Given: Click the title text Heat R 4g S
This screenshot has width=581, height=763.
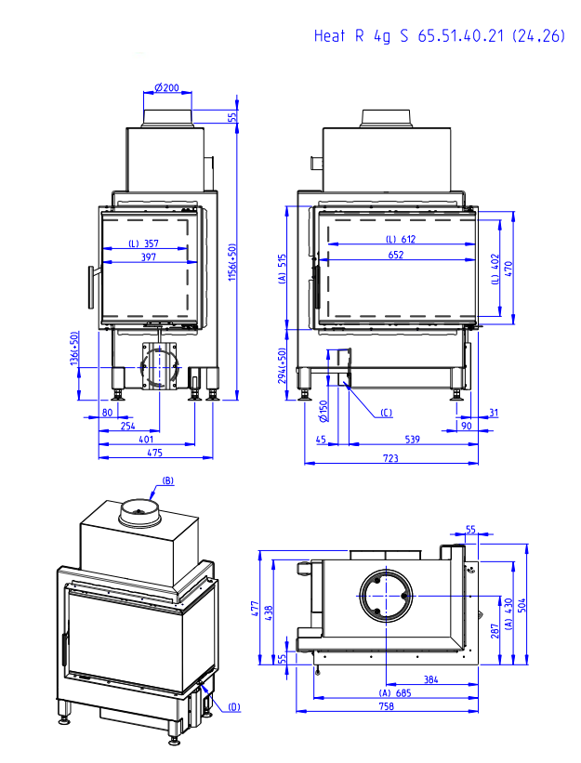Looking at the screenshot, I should [x=361, y=36].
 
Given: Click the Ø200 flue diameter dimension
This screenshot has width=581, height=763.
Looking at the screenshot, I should [x=166, y=87].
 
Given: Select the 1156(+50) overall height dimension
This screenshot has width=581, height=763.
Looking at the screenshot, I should [x=233, y=261].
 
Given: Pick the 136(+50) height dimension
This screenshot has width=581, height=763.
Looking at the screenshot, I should [x=74, y=349].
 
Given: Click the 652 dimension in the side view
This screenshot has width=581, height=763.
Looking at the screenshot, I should [x=397, y=255].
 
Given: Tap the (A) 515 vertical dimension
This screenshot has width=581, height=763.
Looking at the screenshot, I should [x=282, y=269].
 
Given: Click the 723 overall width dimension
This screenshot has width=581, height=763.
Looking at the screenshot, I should [x=391, y=458].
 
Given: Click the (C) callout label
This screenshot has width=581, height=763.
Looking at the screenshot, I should [x=385, y=413].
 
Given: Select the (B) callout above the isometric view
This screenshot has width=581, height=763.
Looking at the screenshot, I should [x=168, y=480].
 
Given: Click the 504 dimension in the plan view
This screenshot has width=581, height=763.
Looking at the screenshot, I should [x=522, y=608].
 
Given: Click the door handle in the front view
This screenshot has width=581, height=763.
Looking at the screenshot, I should [x=91, y=287].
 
